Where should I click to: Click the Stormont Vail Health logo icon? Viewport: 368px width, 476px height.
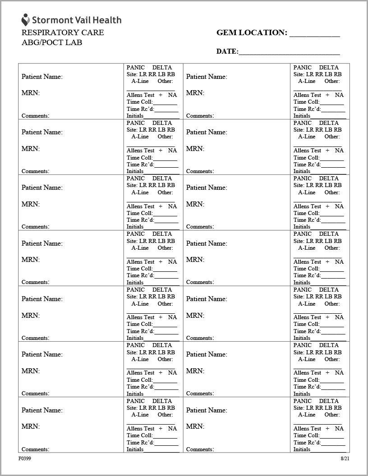point(25,19)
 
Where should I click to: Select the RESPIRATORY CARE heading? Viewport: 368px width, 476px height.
point(63,32)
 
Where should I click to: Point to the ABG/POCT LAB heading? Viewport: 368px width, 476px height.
point(52,43)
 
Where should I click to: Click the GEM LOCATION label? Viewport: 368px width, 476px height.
point(252,33)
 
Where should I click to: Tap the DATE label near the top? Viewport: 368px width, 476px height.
point(227,51)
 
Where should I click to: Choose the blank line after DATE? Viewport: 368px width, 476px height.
point(289,53)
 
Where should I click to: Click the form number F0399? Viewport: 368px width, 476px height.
point(25,458)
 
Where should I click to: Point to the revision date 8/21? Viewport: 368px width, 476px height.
point(345,458)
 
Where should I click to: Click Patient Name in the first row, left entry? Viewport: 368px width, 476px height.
point(42,77)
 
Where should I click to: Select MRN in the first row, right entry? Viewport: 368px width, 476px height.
point(195,93)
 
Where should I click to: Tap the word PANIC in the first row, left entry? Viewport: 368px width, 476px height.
point(136,67)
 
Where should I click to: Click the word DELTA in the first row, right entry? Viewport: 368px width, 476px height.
point(329,67)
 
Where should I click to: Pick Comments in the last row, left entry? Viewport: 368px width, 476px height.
point(35,449)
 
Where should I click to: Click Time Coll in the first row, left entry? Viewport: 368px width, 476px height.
point(139,102)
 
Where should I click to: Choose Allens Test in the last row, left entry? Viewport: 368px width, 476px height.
point(141,428)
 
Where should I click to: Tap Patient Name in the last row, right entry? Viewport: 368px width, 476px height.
point(207,410)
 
